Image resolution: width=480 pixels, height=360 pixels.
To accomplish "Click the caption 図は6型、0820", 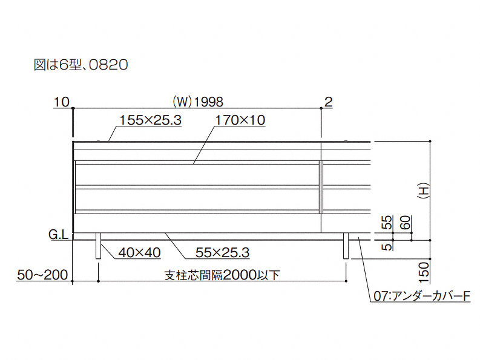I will click(81, 65).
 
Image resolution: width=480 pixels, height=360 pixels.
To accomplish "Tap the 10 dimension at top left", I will click(61, 102).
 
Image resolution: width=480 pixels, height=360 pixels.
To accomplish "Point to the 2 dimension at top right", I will click(328, 102).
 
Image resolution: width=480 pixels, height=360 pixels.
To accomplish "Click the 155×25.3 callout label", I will click(151, 120).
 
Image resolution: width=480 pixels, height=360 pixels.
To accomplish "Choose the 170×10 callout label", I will click(240, 120).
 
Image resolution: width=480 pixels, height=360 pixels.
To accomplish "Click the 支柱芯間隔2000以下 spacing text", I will click(222, 275).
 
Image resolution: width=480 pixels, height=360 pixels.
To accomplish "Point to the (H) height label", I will click(423, 190).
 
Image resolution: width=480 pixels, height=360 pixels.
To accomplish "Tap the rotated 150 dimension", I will click(424, 272).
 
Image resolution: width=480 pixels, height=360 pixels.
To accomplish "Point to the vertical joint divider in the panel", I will click(321, 188).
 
